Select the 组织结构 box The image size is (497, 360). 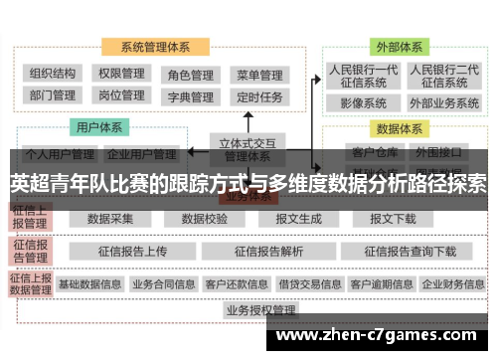(53, 74)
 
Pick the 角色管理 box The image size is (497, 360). (190, 75)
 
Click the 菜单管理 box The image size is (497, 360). (259, 75)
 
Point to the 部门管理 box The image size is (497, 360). (53, 96)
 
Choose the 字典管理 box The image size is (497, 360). (190, 97)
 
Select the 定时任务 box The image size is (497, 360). (259, 97)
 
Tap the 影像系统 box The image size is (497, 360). (363, 102)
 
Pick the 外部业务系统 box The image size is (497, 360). (444, 102)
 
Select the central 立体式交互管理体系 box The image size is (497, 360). (248, 149)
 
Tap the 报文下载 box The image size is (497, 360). (394, 219)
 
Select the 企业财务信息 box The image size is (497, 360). (453, 283)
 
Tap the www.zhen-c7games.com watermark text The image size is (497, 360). (380, 337)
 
